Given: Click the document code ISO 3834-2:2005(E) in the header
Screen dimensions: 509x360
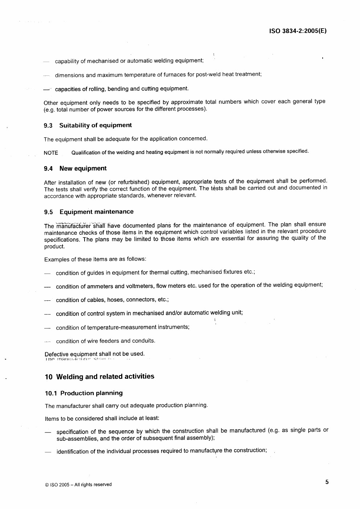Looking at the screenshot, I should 298,31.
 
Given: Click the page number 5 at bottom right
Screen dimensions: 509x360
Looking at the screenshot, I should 327,482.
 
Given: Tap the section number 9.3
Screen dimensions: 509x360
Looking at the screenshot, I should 48,126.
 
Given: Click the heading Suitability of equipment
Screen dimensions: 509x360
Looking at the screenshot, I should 95,125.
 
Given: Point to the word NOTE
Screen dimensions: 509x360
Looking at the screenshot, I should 51,153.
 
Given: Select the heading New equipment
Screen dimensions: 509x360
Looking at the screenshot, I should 83,168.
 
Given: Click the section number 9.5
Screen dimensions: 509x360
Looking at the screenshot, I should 49,212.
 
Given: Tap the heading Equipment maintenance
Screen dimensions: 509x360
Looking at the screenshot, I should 97,212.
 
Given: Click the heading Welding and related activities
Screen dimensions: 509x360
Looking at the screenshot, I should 105,377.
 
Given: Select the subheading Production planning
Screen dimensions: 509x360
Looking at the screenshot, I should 91,393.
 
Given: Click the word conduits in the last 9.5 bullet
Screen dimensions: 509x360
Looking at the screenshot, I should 143,341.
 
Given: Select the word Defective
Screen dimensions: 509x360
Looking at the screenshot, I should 56,354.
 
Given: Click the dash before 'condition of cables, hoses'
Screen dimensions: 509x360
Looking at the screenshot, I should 47,300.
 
